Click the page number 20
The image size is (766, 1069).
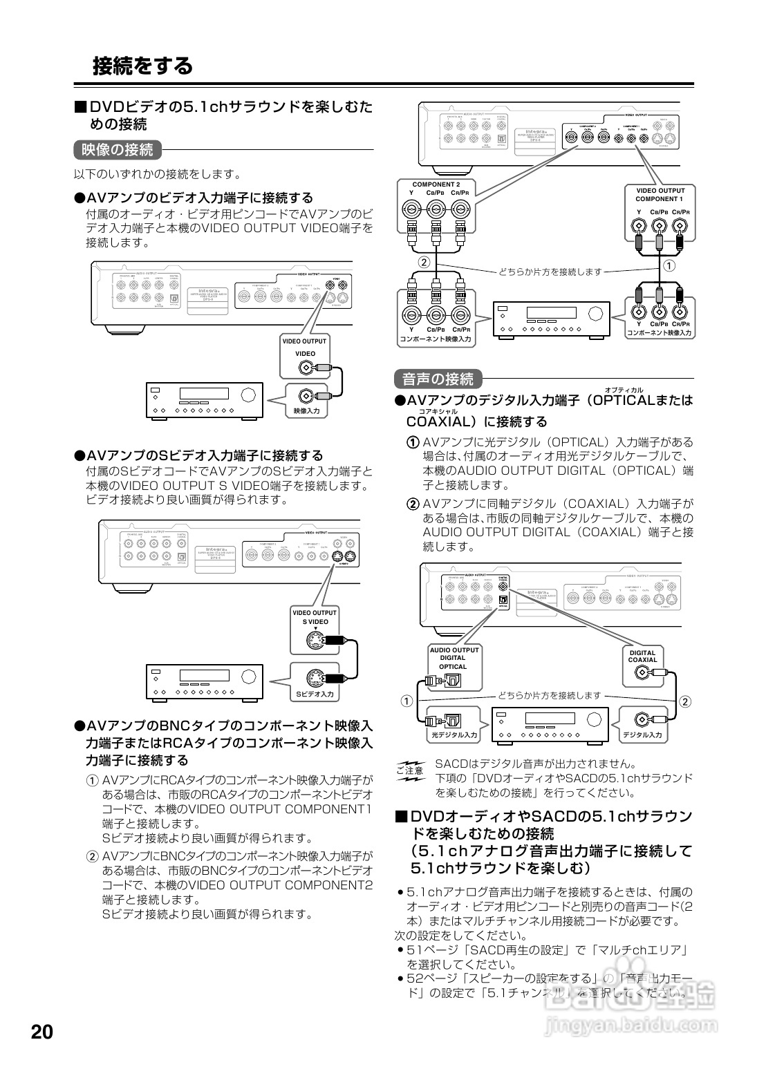(41, 1032)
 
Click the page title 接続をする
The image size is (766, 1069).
(142, 66)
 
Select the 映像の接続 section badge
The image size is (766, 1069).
(117, 149)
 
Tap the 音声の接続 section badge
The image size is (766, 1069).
(438, 379)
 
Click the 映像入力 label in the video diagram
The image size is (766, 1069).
(306, 411)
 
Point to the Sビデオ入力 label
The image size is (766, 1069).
(315, 693)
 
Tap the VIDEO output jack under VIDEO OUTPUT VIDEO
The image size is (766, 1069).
(306, 368)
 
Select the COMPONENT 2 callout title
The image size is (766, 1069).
(436, 185)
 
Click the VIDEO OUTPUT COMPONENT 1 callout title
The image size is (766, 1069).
(660, 195)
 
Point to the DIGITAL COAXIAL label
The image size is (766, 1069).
(642, 656)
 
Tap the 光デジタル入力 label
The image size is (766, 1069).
(454, 735)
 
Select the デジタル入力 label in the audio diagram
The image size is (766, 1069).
(642, 735)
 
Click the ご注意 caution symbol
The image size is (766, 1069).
(410, 770)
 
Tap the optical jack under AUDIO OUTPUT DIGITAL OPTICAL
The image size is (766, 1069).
(452, 681)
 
